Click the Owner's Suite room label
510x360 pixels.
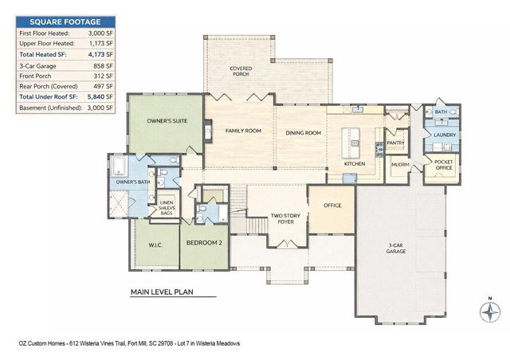coord(167,122)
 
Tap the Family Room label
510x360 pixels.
coord(243,130)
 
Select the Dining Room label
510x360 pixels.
coord(303,133)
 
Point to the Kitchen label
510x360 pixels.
coord(355,163)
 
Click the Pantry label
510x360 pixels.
coord(396,143)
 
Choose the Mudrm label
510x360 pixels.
coord(400,166)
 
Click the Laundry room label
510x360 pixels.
coord(445,135)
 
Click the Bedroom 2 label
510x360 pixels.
coord(204,242)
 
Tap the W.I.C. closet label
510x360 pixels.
coord(155,245)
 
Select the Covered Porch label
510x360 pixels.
coord(241,72)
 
